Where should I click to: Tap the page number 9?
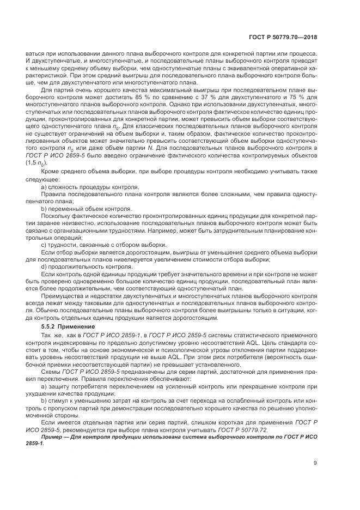[x=315, y=464]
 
